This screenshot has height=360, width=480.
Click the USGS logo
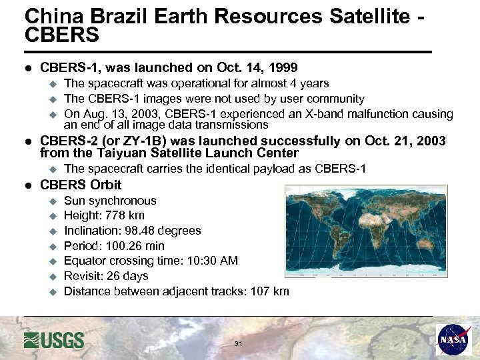point(54,339)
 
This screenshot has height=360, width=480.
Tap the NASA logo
point(454,339)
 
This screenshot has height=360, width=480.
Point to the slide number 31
point(239,343)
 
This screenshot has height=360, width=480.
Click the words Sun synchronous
point(110,201)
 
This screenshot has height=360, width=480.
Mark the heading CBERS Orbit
point(81,185)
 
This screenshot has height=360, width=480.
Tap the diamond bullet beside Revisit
point(54,276)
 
